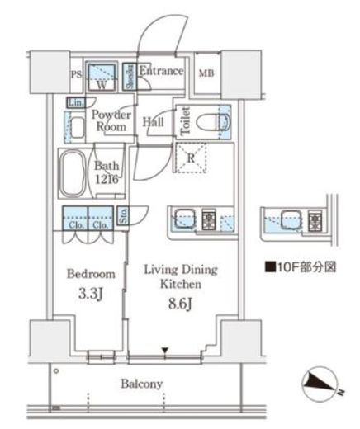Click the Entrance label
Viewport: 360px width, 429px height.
160,72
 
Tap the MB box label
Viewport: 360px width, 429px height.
205,73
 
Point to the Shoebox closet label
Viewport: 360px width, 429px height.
130,75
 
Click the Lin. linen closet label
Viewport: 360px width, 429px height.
74,102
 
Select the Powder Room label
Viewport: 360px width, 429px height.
108,121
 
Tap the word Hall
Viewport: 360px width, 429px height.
153,123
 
